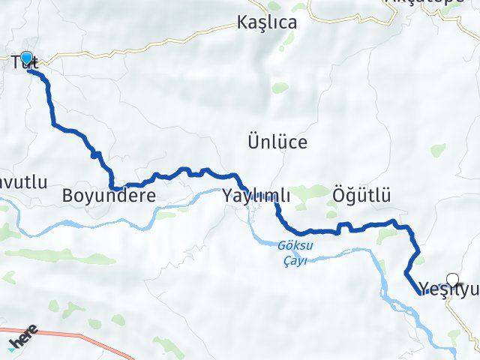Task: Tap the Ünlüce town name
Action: coord(277,141)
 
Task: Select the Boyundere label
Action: coord(109,196)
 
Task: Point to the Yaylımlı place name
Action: coord(256,196)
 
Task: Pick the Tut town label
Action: coord(27,64)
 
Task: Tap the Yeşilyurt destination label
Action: coord(448,288)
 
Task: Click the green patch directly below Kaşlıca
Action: coord(279,88)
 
